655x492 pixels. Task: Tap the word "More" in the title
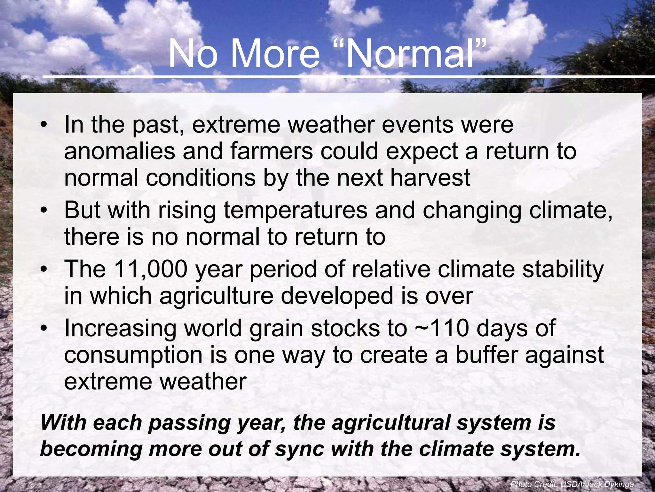pyautogui.click(x=275, y=53)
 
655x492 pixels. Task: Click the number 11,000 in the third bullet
pyautogui.click(x=150, y=269)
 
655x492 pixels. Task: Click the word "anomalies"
pyautogui.click(x=119, y=151)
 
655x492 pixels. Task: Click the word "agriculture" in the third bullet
pyautogui.click(x=216, y=296)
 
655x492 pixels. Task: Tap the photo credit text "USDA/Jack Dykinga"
pyautogui.click(x=597, y=484)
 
